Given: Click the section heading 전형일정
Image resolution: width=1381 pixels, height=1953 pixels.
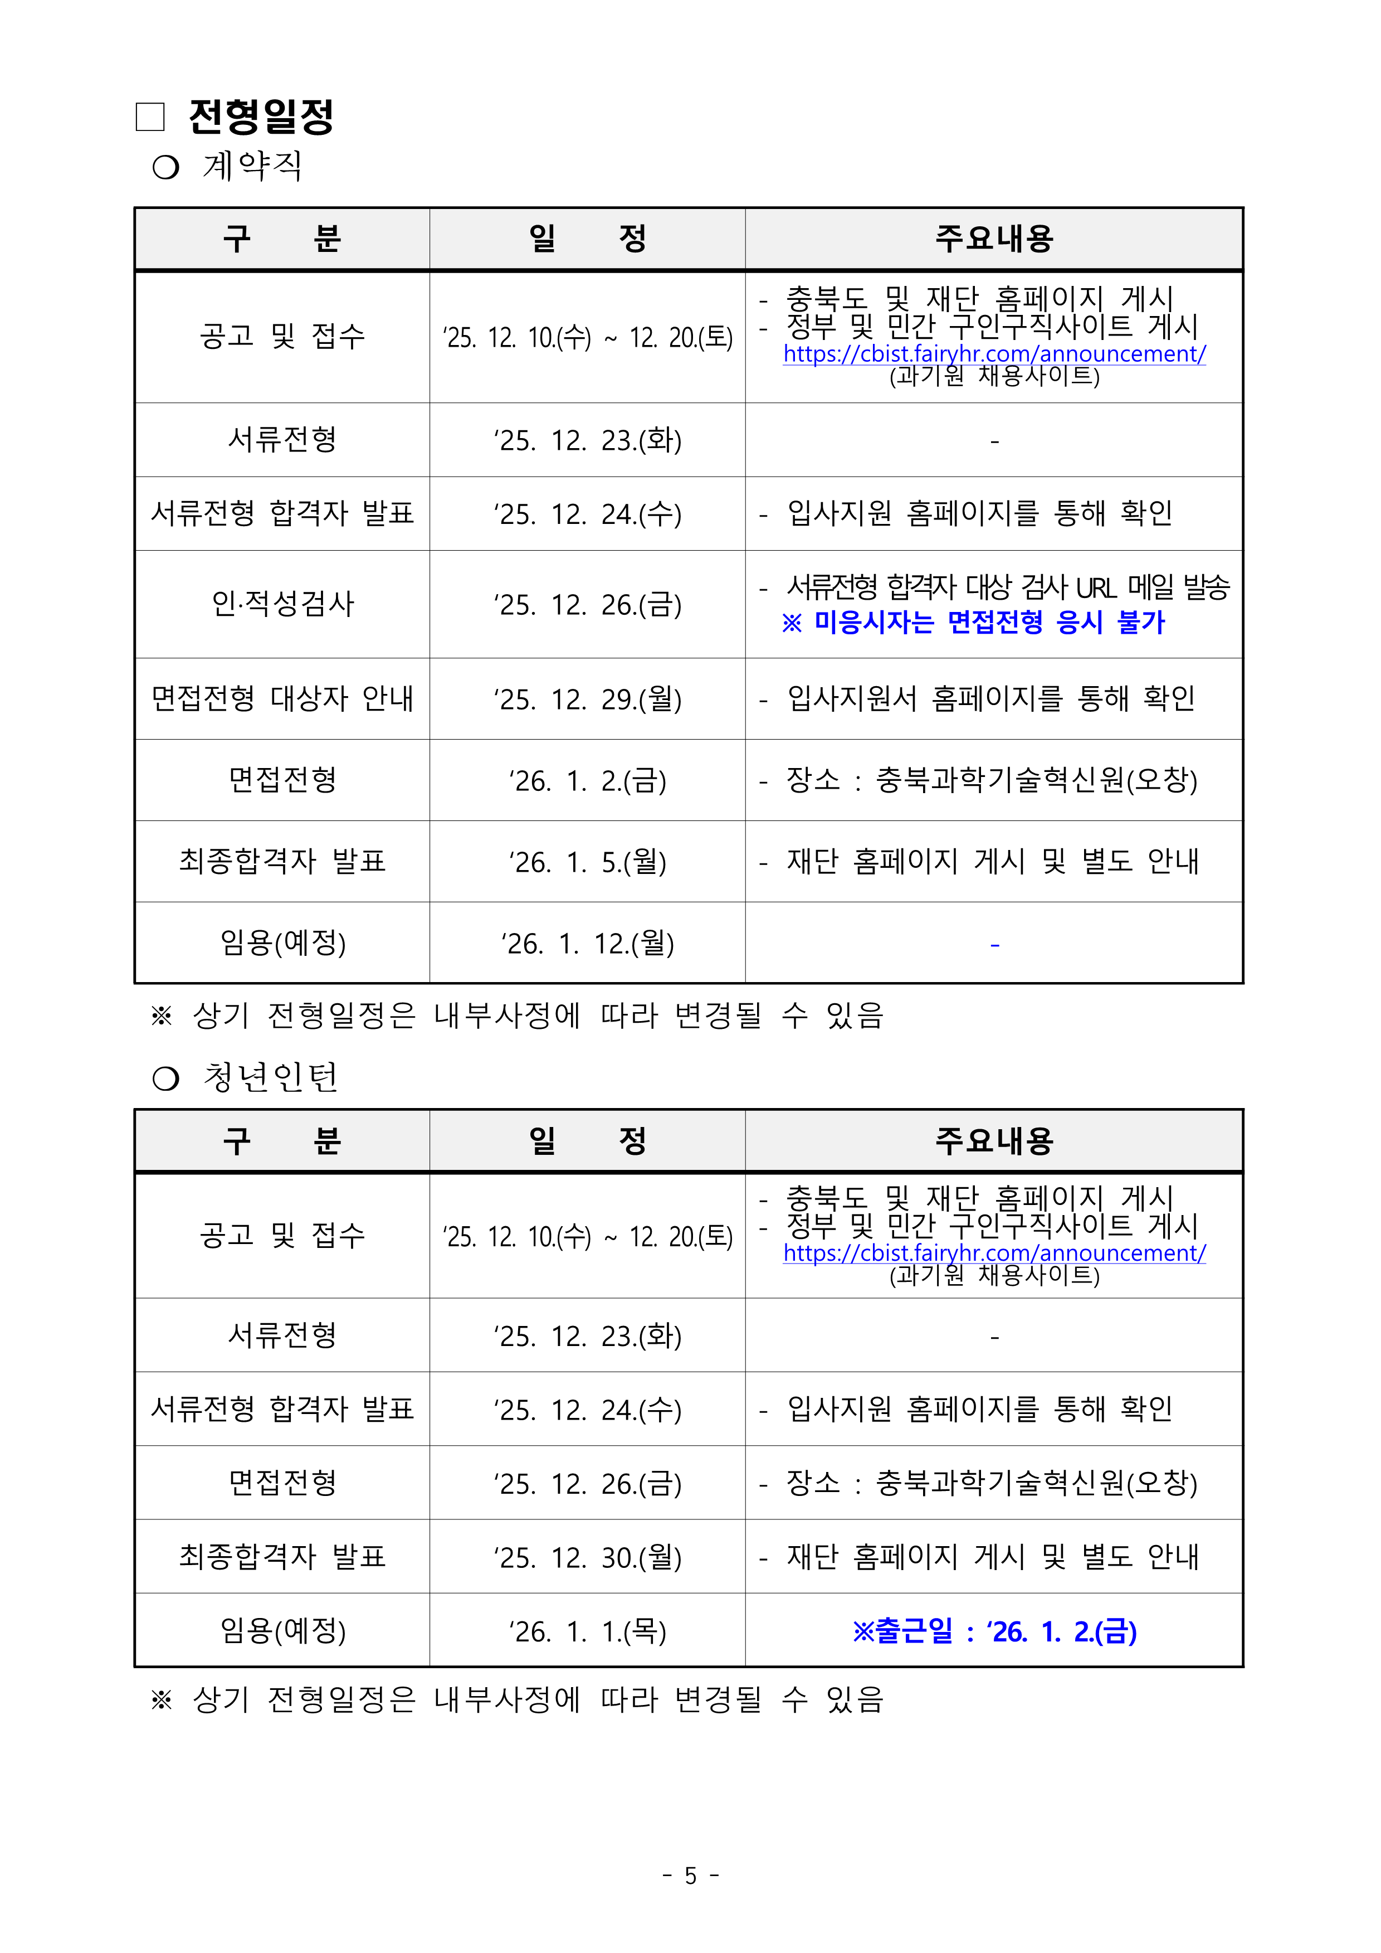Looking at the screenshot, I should tap(261, 116).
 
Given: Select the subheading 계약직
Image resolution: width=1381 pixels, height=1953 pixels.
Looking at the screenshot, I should tap(252, 166).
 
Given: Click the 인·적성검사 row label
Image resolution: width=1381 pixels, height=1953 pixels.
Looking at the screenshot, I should tap(282, 604).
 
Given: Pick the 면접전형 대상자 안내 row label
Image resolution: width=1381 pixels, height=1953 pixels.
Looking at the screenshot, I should tap(282, 699).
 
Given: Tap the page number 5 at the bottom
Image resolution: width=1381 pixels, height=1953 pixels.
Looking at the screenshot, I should tap(691, 1876).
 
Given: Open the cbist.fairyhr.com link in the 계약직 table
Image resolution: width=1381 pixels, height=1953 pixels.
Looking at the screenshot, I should tap(994, 354).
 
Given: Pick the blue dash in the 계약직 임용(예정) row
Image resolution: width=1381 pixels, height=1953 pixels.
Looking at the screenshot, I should tap(994, 944).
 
